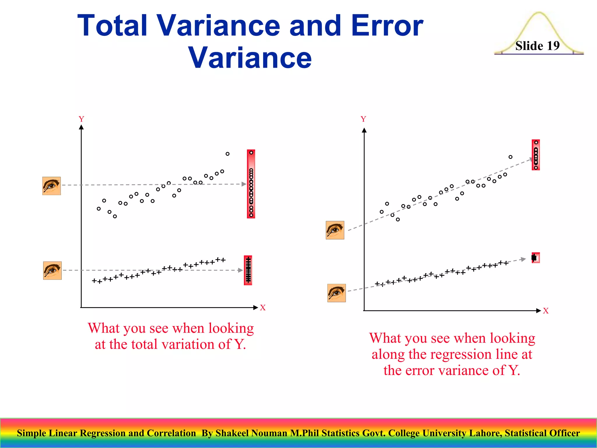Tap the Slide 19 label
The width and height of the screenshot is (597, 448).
pos(537,46)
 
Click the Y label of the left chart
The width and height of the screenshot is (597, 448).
pos(81,119)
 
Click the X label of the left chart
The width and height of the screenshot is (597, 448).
pos(263,308)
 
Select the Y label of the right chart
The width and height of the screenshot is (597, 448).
pos(363,119)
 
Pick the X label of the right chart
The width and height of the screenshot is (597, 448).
pos(546,311)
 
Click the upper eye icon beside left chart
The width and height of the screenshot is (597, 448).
pos(52,186)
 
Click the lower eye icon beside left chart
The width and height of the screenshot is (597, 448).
pos(52,270)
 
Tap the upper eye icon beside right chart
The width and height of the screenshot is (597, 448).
pos(335,230)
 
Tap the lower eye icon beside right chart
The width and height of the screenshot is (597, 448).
pos(336,293)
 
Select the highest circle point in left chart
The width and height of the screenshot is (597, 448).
pos(227,154)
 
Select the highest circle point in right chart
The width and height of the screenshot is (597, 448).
pos(510,157)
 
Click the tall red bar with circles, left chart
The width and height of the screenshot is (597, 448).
pos(251,184)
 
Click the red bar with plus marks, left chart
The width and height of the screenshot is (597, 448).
pos(248,270)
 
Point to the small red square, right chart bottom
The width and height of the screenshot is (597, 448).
pos(536,258)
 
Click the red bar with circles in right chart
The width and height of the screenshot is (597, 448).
pos(536,155)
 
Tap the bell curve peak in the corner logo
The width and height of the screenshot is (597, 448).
pos(539,13)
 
